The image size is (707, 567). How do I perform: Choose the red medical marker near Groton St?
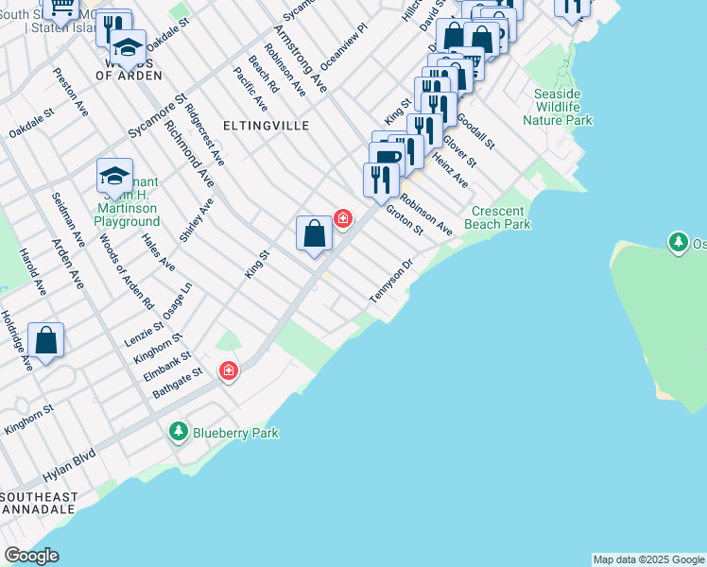(343, 219)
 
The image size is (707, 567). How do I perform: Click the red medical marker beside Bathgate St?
(228, 371)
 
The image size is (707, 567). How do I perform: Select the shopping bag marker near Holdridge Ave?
(45, 339)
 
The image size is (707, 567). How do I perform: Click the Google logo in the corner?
(31, 556)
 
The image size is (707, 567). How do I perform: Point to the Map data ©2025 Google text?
(648, 559)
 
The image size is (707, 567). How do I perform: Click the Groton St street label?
(404, 219)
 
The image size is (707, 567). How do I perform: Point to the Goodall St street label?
(475, 130)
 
